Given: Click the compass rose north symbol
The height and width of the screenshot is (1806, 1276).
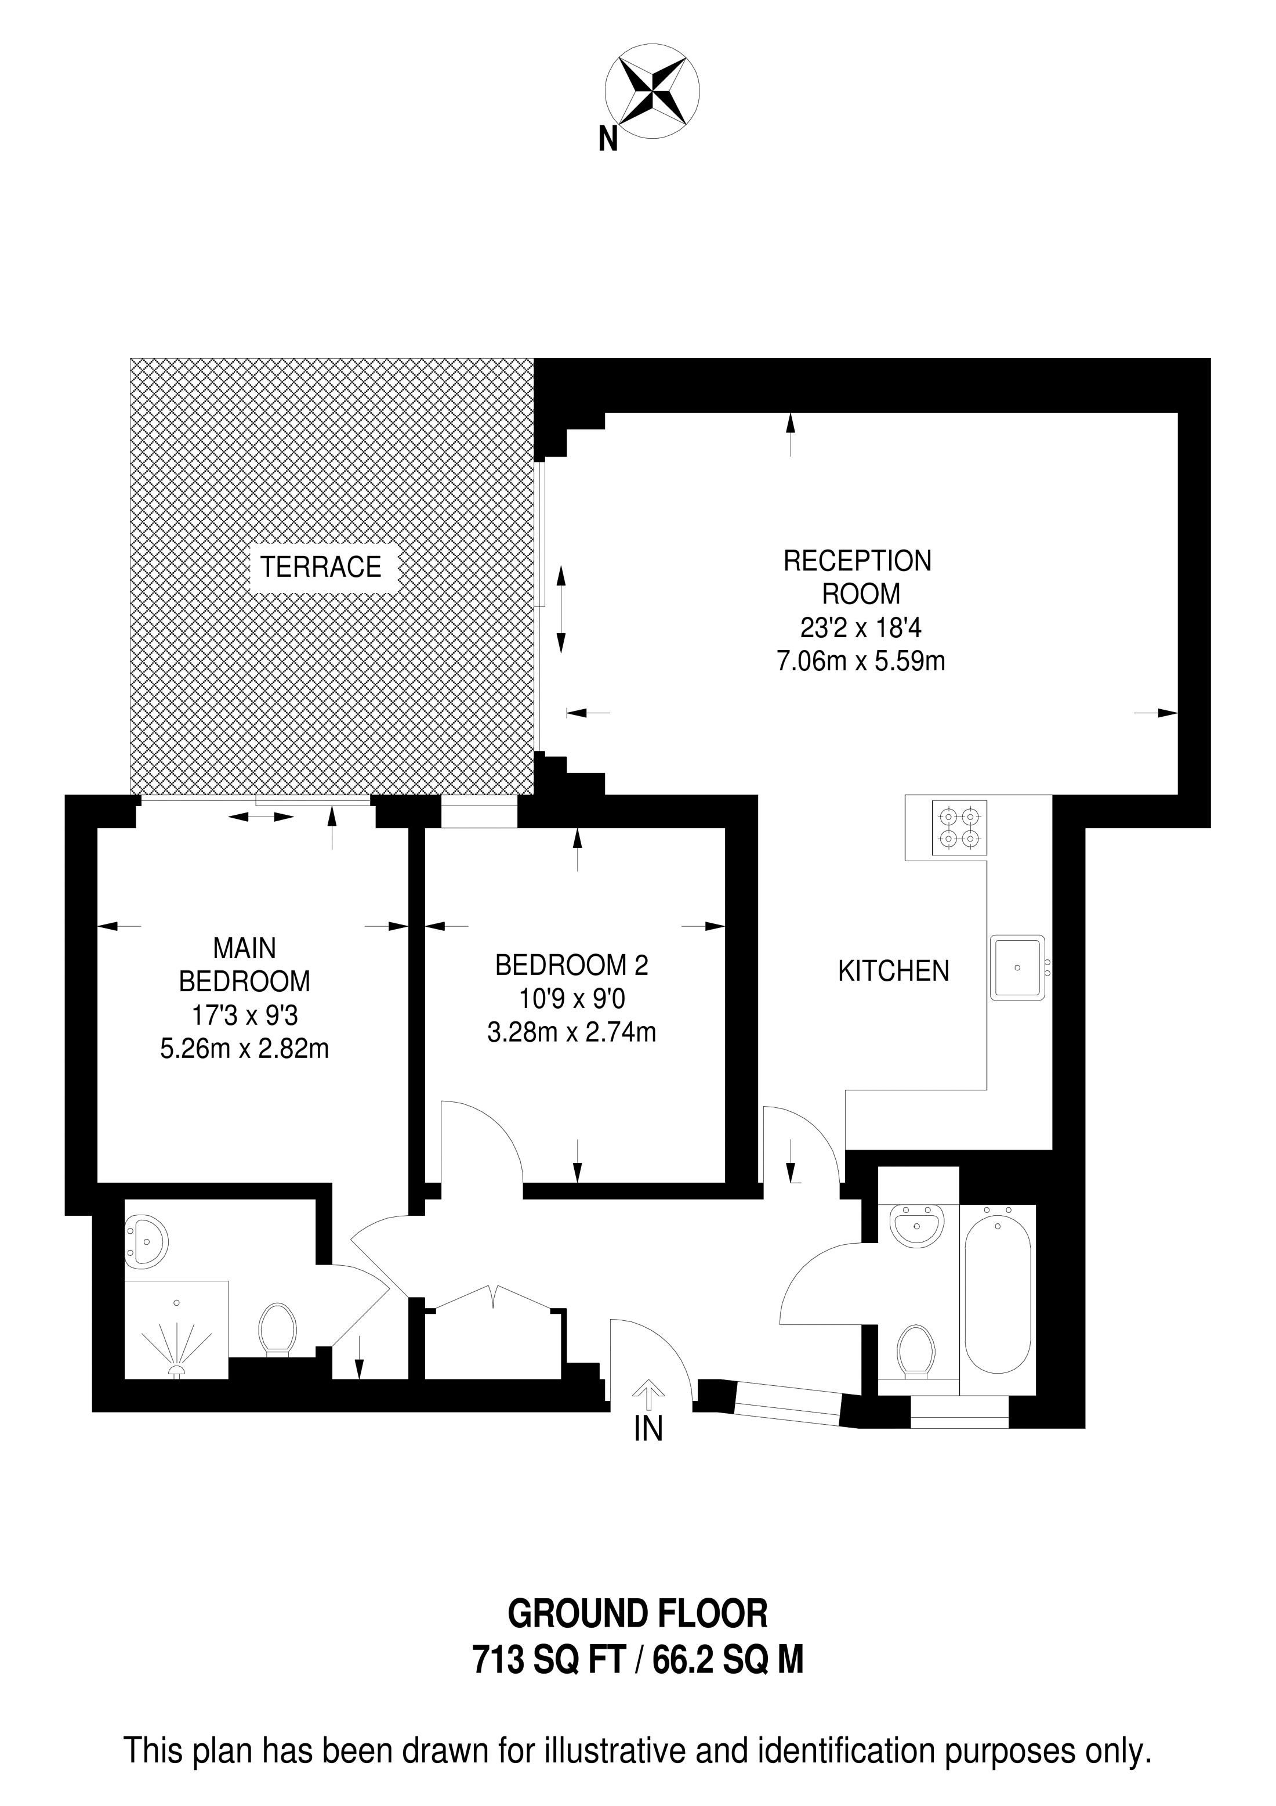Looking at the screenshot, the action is coord(652,92).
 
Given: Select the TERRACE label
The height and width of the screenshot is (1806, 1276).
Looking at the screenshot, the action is coord(321,566).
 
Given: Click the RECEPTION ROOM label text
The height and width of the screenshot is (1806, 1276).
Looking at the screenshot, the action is coord(858,577).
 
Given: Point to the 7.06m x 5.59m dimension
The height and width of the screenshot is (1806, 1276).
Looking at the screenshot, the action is coord(861,661).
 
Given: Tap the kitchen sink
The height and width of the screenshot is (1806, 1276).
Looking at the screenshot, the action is coord(1017,967).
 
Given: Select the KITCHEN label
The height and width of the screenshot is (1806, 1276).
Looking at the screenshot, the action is coord(894,971).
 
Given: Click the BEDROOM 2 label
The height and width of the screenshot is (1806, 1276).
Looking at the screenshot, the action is coord(571,965).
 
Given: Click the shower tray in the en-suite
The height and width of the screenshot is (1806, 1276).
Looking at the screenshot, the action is coord(176,1330).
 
